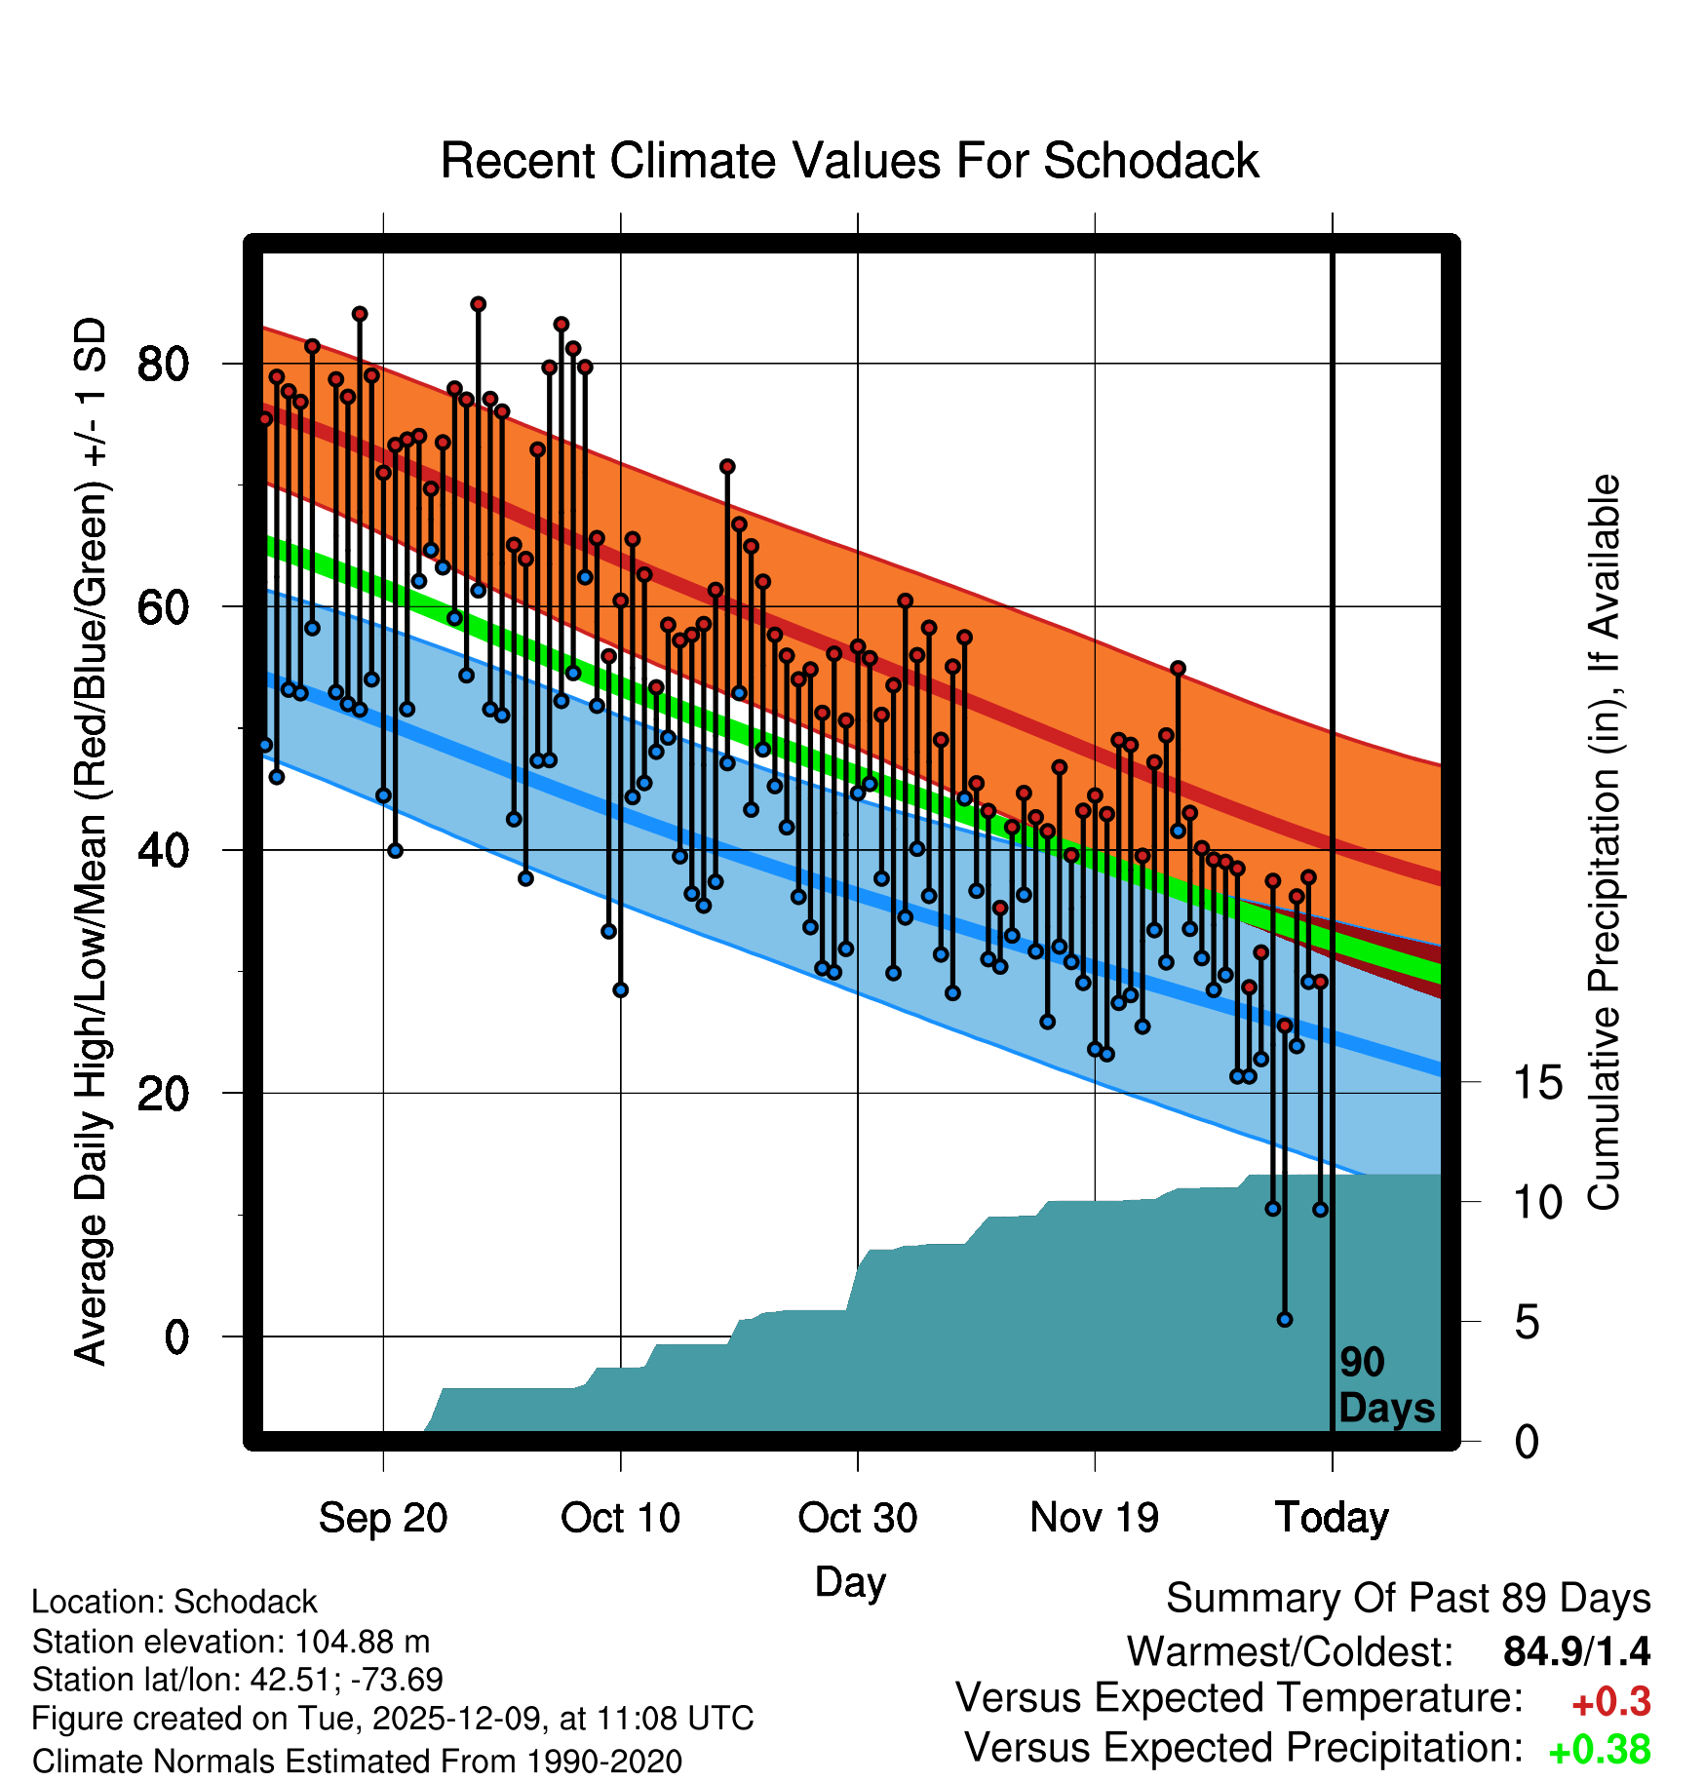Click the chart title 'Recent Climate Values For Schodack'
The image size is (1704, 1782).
pos(849,161)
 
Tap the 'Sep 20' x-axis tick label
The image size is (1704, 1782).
pos(383,1518)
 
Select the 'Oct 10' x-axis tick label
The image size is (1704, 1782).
pos(620,1518)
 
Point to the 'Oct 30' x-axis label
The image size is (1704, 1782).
pos(857,1518)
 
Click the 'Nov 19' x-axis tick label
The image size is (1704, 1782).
pos(1094,1518)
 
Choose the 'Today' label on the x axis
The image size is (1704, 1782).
pos(1332,1518)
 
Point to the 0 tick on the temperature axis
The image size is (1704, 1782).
pos(175,1336)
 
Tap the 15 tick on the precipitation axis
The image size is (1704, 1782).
pos(1537,1082)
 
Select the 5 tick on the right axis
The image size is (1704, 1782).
pos(1527,1323)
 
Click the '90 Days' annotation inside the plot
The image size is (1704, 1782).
pos(1385,1385)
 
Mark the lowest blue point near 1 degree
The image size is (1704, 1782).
pos(1285,1319)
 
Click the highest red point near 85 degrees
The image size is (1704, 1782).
pos(478,304)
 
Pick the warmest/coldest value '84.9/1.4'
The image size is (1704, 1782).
pos(1576,1651)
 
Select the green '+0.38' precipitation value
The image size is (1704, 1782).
pos(1599,1750)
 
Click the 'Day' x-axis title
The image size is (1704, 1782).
pos(850,1582)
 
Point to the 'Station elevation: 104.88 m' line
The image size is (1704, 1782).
pos(231,1642)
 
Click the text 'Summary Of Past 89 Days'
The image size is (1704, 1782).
pos(1408,1599)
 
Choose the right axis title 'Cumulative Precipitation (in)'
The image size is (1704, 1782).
pos(1604,842)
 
